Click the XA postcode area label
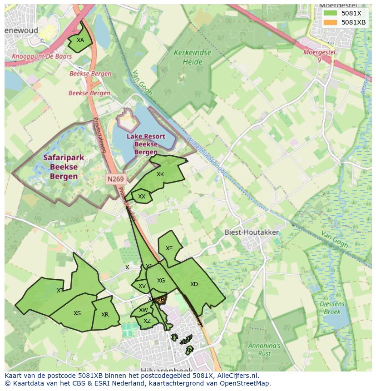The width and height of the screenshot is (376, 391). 80,40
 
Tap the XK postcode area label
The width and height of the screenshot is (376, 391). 160,174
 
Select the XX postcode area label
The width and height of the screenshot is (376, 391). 142,197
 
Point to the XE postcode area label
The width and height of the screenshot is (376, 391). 169,248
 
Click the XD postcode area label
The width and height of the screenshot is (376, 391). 194,284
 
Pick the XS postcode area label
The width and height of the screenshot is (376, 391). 77,313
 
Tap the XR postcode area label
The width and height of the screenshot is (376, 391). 105,315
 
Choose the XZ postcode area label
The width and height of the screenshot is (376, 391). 147,321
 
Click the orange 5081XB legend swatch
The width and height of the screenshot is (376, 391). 331,22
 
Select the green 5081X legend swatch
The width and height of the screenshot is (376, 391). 331,13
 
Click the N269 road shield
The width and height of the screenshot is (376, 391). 115,179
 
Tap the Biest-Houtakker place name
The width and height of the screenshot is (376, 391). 252,232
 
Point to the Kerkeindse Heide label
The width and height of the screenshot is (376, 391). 192,57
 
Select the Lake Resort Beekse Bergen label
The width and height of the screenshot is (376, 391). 146,144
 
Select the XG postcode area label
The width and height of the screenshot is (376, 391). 161,281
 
